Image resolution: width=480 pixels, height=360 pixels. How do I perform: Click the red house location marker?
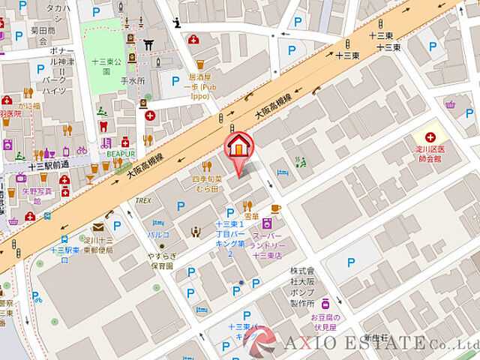[238, 145]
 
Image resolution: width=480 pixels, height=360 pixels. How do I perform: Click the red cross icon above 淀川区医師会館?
[430, 136]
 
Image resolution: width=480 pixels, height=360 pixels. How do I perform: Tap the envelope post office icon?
[97, 227]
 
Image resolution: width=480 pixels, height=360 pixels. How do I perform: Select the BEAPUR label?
[120, 154]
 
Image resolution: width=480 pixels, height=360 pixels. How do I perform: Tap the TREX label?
[143, 201]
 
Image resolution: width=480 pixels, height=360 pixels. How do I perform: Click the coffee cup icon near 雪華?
[276, 208]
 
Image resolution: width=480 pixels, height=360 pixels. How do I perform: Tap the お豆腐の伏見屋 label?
[326, 322]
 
